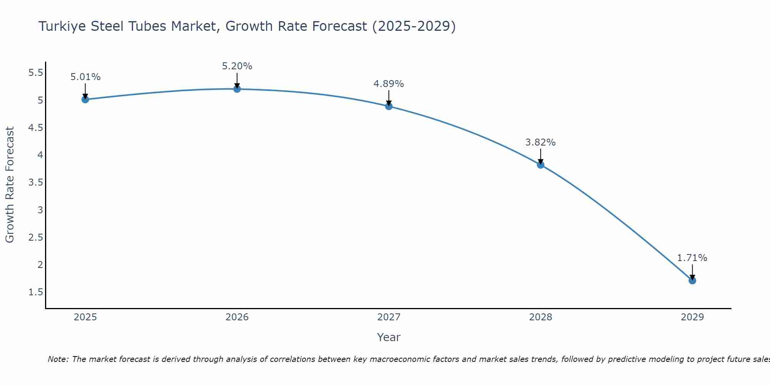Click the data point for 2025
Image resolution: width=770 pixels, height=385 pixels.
click(85, 99)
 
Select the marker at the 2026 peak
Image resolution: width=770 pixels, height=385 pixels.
click(237, 89)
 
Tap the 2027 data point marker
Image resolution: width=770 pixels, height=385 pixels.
click(388, 106)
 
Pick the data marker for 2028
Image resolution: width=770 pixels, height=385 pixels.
click(540, 165)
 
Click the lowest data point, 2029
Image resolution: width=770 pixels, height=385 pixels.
click(692, 280)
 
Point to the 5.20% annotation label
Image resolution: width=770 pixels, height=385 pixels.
click(237, 66)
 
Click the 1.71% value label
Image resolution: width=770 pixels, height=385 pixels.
click(692, 258)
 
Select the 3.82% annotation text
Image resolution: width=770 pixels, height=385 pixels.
click(540, 142)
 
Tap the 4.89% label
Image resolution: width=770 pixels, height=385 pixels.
click(388, 84)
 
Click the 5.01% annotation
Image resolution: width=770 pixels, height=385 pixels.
click(85, 77)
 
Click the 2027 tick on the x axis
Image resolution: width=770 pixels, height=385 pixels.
click(388, 317)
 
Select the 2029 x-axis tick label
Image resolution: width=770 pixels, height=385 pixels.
click(692, 317)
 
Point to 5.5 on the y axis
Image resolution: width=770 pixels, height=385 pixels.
click(36, 73)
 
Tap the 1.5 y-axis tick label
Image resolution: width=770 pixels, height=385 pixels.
click(36, 292)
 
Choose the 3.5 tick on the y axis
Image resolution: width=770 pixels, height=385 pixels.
click(36, 182)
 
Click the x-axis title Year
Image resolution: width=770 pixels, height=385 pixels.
click(388, 337)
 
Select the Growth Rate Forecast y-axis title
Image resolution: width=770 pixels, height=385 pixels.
click(10, 184)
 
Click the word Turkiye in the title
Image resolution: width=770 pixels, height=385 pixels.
click(62, 26)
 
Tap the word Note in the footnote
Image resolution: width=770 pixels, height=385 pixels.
click(57, 359)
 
